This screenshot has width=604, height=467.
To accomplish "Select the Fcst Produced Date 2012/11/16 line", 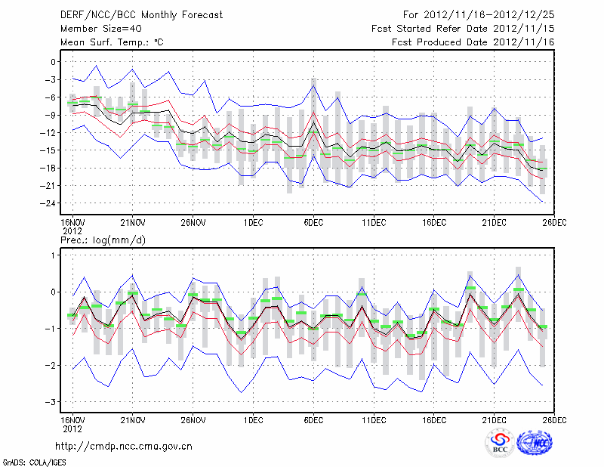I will click(473, 42).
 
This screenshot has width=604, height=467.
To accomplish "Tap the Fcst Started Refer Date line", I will click(463, 28).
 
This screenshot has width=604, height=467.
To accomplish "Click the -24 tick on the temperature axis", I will click(50, 203).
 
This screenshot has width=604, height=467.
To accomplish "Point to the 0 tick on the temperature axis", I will click(54, 62).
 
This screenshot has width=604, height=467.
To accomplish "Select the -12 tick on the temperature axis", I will click(50, 133).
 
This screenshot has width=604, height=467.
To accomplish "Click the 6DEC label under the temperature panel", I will click(313, 223).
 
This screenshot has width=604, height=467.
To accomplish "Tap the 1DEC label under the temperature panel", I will click(253, 223).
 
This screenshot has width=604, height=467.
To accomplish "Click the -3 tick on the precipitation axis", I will click(51, 402).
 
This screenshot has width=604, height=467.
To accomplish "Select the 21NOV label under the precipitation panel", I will click(132, 419).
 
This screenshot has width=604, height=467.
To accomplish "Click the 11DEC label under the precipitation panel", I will click(374, 419).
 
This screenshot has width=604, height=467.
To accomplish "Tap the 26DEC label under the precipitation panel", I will click(555, 419).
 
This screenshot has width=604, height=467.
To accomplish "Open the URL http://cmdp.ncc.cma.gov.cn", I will click(124, 447).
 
